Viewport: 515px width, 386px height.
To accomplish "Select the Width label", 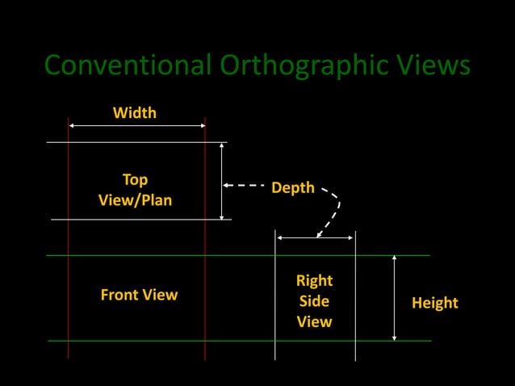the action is [135, 112].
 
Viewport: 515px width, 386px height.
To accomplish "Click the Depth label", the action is [292, 187].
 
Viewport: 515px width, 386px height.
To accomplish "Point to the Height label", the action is [434, 303].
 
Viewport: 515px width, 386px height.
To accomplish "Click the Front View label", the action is [139, 295].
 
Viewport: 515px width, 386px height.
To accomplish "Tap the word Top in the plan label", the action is [135, 178].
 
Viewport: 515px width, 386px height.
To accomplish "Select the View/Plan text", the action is [135, 199].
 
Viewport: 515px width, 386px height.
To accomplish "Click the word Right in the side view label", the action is [314, 280].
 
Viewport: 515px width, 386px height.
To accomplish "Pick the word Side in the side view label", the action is [314, 300].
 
